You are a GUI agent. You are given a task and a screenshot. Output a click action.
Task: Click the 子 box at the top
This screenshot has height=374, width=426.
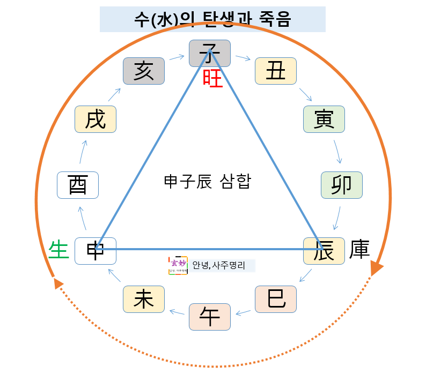pos(210,53)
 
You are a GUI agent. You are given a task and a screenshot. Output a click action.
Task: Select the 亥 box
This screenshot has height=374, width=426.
pos(143,71)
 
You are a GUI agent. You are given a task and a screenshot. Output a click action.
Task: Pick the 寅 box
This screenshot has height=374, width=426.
pos(324,119)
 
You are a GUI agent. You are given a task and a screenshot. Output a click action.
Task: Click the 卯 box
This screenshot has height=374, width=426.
pos(341,185)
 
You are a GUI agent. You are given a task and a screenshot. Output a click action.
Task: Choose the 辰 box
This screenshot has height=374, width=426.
pos(324,251)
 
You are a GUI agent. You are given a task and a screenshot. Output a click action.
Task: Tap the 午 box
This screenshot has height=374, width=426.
pos(210,317)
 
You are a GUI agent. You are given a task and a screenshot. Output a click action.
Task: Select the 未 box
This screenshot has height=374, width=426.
pos(143,300)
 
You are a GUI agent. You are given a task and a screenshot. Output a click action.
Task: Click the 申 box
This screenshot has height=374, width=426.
pos(96,251)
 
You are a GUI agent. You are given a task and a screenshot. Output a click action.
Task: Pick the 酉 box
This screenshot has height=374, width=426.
pos(78,185)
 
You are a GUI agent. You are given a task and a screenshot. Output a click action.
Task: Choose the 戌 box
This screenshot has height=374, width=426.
pos(96,119)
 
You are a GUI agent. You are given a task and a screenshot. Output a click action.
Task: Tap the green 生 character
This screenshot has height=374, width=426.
pos(59,250)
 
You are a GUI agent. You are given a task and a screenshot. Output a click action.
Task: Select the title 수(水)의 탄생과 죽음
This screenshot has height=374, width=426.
pos(212,19)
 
